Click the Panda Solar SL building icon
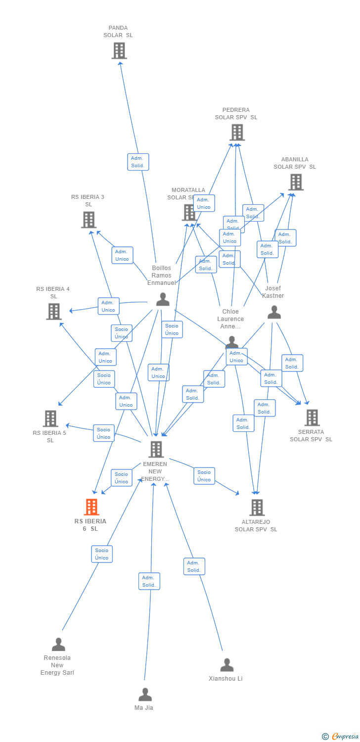pos(119,50)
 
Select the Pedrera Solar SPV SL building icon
pos(237,132)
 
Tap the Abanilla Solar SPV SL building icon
pos(296,182)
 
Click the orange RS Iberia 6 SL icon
pos(91,507)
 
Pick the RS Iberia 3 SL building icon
pos(89,220)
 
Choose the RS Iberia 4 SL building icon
pos(53,311)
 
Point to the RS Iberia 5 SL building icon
pos(50,418)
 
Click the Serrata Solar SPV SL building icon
pos(312,417)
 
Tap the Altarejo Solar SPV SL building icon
pos(257,507)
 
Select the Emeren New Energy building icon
pos(156,449)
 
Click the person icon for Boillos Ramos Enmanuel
pos(163,299)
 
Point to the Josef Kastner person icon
pos(274,312)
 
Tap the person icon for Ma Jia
pos(145,695)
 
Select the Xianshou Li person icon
pos(226,665)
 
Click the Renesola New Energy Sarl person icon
pos(58,645)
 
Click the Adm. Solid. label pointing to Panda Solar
pos(138,162)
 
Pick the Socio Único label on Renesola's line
pos(102,554)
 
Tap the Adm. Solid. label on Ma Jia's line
pos(149,581)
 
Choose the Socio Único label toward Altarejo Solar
pos(204,476)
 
